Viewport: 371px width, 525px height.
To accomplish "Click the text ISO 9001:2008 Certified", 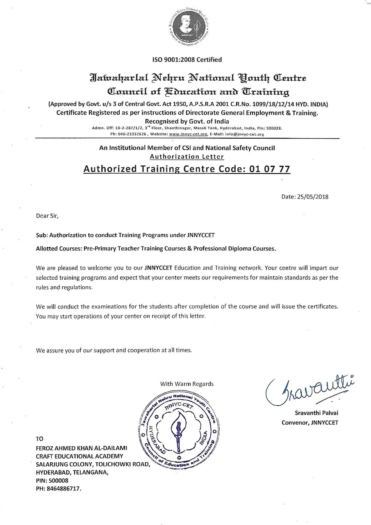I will [x=187, y=60].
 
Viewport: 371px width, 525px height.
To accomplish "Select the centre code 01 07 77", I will [x=269, y=169].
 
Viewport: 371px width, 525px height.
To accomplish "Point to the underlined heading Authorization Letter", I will [x=187, y=156].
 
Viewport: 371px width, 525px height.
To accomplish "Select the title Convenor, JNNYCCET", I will [x=310, y=423].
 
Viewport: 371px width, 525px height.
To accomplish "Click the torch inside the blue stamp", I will [x=178, y=430].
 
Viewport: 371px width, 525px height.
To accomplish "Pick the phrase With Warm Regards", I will [x=187, y=384].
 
